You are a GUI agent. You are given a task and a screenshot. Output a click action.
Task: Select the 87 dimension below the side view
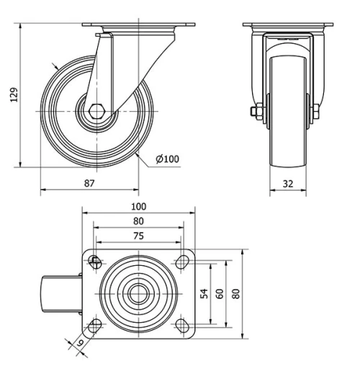(89, 183)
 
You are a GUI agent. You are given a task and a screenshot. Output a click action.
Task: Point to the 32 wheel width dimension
(289, 183)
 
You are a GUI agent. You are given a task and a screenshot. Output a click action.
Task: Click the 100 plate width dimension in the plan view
(138, 206)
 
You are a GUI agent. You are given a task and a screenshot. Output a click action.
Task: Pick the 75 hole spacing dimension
(138, 236)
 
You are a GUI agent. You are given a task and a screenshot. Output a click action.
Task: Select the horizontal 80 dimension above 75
(138, 221)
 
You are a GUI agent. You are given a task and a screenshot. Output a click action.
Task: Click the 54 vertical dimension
(204, 293)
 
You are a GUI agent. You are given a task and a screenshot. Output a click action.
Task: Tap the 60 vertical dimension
(220, 293)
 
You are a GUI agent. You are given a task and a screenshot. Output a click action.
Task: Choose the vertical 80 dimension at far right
(235, 293)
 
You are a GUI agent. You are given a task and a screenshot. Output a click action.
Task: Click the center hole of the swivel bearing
(138, 294)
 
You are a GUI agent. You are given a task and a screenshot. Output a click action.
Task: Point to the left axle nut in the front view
(256, 112)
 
